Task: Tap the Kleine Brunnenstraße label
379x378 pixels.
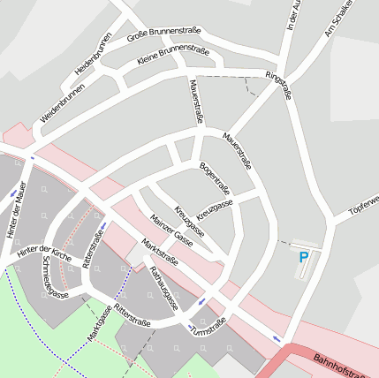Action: point(173,57)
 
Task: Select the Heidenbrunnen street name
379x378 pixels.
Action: point(94,54)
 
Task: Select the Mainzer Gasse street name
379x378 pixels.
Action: point(172,229)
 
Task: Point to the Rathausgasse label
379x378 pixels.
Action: point(163,288)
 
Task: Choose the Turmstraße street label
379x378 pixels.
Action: point(208,325)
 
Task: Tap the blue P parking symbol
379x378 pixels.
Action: point(304,258)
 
